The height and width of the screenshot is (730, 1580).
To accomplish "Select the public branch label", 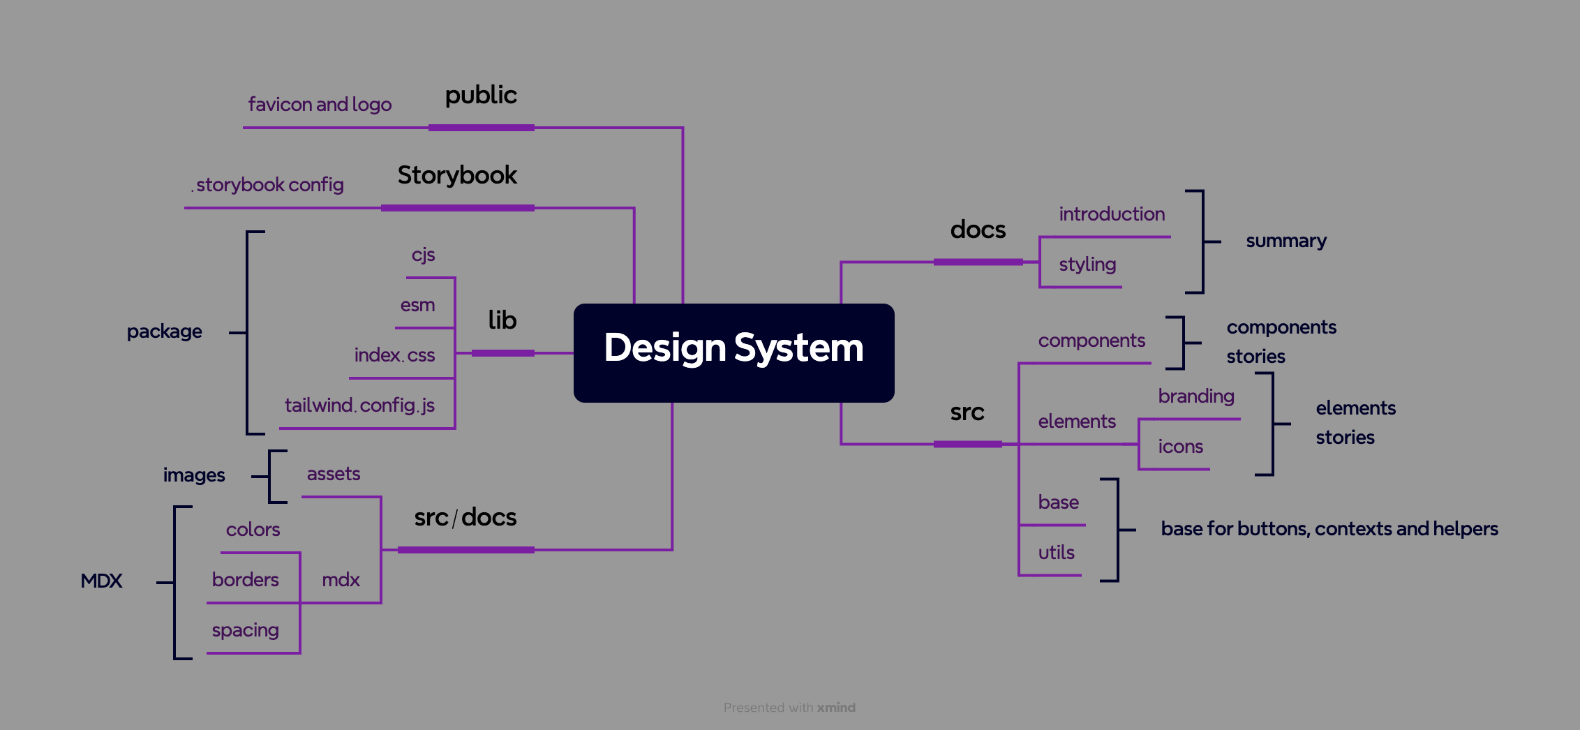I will pos(481,96).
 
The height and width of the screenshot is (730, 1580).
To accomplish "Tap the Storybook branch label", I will pos(457,175).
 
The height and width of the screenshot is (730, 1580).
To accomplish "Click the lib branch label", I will pos(502,320).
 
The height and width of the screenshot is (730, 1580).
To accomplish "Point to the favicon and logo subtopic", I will pos(320,105).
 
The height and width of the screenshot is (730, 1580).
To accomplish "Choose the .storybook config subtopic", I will pos(269,185).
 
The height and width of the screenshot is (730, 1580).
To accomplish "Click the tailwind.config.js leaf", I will pos(359,405).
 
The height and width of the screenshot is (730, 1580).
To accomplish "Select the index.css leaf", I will pos(394,355).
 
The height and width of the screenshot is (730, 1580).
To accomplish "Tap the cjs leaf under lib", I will pos(423,255).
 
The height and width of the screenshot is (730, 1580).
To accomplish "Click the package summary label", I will pos(164,332).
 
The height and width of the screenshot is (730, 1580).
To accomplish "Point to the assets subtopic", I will pos(334,474).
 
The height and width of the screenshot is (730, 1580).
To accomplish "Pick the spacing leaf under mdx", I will pos(245,630).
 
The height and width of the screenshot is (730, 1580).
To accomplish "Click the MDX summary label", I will pos(101,581).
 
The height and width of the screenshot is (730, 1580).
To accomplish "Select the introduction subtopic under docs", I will pos(1112,214).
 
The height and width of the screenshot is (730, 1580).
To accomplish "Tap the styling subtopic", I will pos(1087,265).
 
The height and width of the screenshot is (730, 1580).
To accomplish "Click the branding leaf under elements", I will pos(1196,396).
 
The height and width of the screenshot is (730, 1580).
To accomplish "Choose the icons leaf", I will pos(1180,447).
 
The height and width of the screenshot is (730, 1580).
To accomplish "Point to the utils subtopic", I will pos(1056,553).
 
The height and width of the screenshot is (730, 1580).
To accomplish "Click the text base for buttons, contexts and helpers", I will pos(1329,529).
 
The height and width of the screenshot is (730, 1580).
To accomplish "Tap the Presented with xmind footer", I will pos(789,708).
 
